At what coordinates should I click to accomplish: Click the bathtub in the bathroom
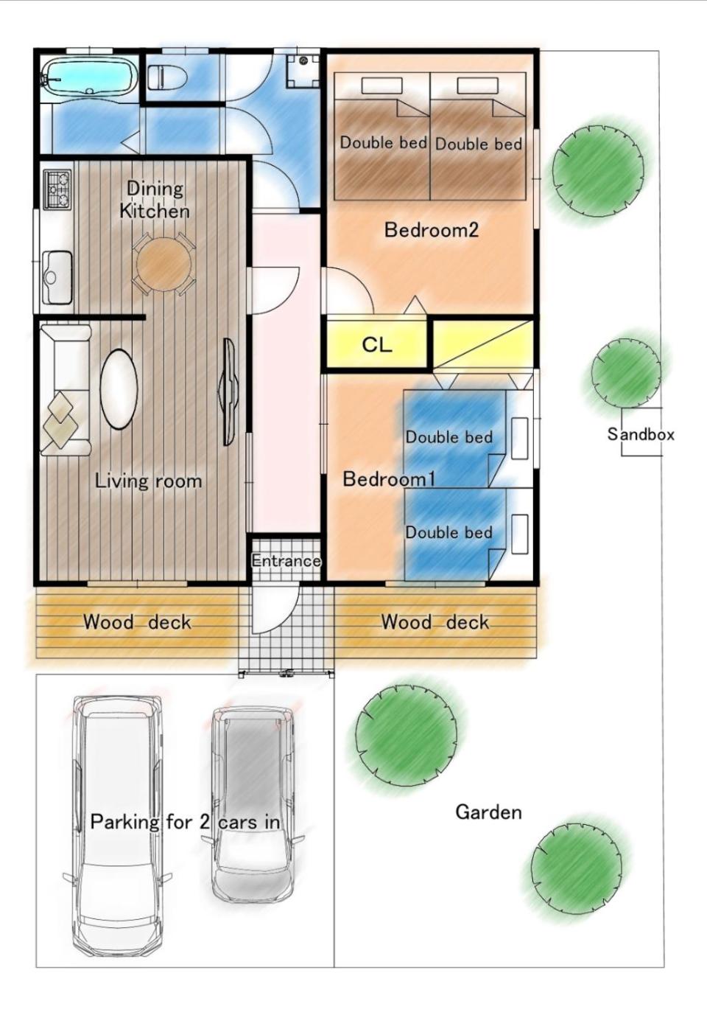(x=89, y=78)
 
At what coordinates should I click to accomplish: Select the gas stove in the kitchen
(x=57, y=189)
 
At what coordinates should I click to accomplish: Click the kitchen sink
(x=57, y=277)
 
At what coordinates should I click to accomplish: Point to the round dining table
(x=163, y=264)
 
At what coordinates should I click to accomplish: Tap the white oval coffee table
(x=119, y=389)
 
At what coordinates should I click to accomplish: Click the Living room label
(x=148, y=481)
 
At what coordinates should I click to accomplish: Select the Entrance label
(x=286, y=561)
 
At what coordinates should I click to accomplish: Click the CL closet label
(x=377, y=344)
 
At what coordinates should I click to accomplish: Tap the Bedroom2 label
(x=432, y=229)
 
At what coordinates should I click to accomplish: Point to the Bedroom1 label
(x=389, y=479)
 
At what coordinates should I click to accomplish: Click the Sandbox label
(x=641, y=434)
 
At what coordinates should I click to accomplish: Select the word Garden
(x=488, y=812)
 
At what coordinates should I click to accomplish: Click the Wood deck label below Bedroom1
(x=435, y=622)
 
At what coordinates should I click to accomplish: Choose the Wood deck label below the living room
(x=137, y=622)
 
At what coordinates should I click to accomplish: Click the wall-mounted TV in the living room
(x=228, y=392)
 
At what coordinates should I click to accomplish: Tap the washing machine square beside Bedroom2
(x=303, y=71)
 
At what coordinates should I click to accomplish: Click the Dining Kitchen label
(x=155, y=200)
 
